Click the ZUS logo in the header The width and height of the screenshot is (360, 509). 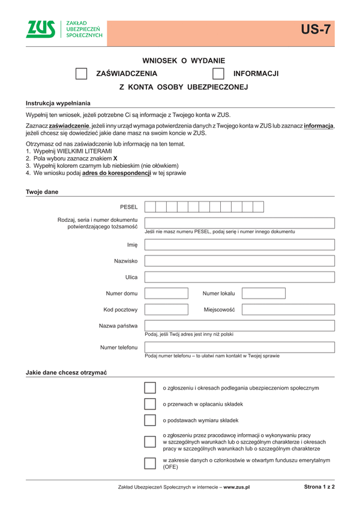click(40, 29)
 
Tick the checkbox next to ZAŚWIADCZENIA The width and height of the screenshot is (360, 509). click(81, 74)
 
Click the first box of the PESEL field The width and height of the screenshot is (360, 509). click(150, 207)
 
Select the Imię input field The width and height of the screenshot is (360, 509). click(239, 245)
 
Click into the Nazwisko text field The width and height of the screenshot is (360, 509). click(239, 261)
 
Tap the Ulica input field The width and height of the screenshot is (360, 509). click(239, 277)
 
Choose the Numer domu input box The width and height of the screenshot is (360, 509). click(166, 293)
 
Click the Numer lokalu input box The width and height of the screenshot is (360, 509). click(263, 293)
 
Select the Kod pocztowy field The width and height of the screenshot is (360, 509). click(166, 309)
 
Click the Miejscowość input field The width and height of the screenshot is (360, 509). click(288, 309)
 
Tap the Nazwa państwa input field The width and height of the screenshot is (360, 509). click(239, 326)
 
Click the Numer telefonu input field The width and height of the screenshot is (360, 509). click(239, 347)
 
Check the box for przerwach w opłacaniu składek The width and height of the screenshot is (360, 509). click(150, 404)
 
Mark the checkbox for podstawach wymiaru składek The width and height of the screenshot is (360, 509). click(150, 420)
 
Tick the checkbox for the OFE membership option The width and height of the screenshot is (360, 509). click(150, 463)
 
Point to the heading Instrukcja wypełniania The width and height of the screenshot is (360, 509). click(58, 103)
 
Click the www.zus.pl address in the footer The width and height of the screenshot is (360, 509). click(236, 488)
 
